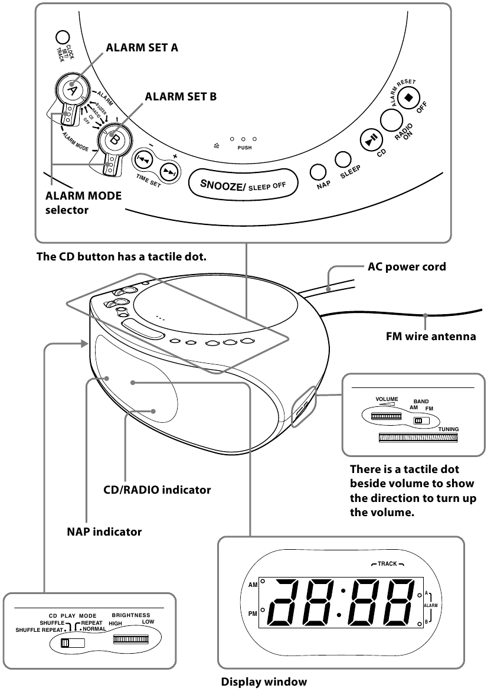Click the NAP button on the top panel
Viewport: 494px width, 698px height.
point(319,171)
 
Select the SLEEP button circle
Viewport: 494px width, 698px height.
point(343,159)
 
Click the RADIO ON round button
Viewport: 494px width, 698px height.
point(392,119)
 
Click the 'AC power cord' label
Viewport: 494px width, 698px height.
point(407,266)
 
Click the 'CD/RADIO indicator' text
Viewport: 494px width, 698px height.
point(157,490)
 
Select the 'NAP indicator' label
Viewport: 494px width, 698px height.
point(104,532)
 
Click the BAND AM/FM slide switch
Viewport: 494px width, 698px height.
point(421,421)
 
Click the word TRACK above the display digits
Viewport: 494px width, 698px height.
point(387,564)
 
